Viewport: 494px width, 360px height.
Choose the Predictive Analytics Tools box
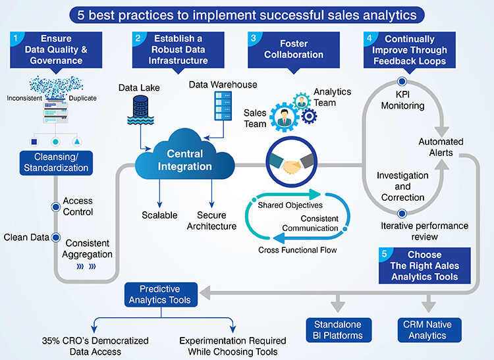160,294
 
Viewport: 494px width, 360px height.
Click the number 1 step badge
14,39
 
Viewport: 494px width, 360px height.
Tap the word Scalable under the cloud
159,215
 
